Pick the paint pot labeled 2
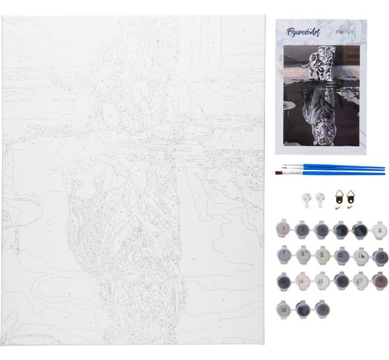303,229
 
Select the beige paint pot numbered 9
323,255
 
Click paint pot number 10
342,255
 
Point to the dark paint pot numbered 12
380,255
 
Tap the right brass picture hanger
351,198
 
